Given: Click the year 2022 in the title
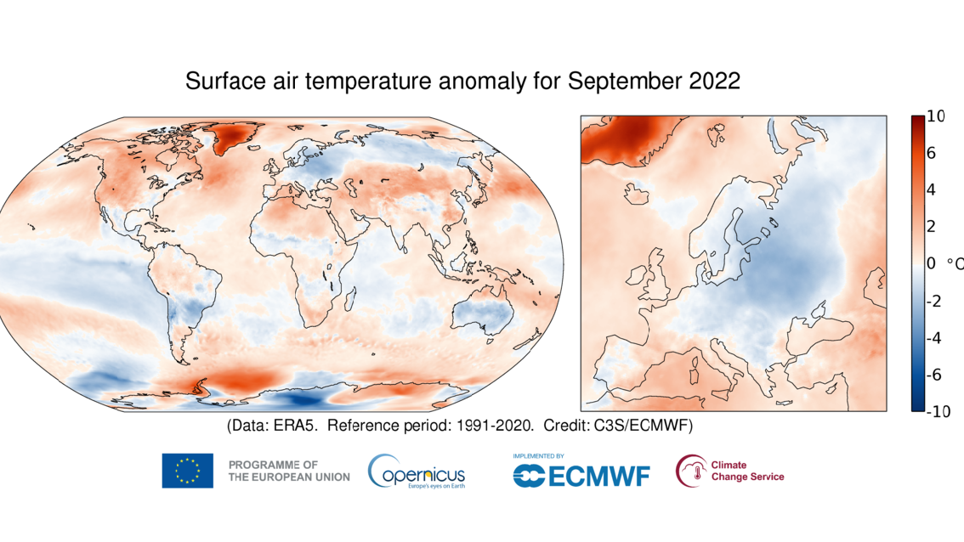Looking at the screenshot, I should tap(711, 82).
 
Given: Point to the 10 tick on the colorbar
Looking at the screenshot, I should tap(935, 117).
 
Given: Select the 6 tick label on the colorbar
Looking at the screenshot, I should tap(931, 154).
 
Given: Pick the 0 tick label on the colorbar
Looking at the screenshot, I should tap(931, 264).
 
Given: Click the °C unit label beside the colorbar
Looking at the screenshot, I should tap(955, 264).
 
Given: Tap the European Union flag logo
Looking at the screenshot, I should tap(187, 471).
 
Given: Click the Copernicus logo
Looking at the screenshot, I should tap(417, 471).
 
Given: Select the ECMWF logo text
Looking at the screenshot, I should tap(581, 476).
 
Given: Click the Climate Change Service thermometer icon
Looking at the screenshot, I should tap(690, 471).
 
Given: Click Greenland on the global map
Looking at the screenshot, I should tap(236, 137).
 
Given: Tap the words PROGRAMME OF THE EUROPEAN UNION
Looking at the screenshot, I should tap(289, 471).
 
